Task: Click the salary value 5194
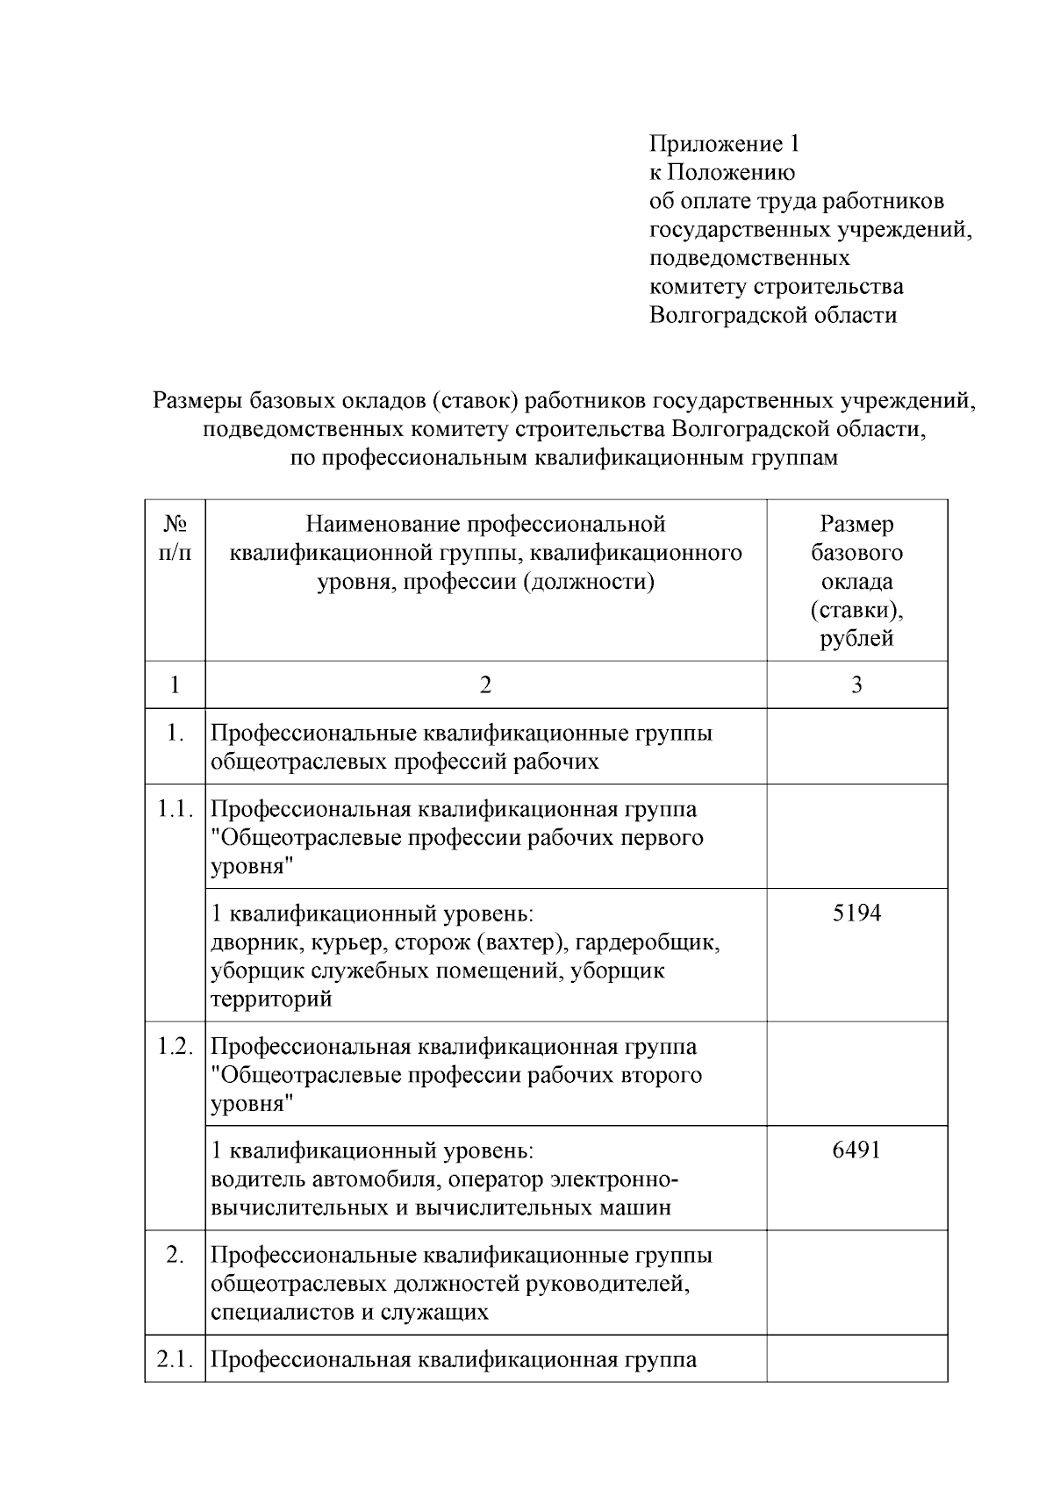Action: click(856, 913)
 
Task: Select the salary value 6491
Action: click(856, 1150)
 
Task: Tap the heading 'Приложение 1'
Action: click(724, 144)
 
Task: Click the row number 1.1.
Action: click(175, 809)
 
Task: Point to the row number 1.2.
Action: click(175, 1046)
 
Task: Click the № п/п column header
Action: click(175, 538)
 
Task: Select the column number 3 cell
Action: click(856, 684)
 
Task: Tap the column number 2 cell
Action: click(485, 684)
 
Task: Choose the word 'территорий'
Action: click(271, 999)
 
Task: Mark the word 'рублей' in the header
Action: click(856, 638)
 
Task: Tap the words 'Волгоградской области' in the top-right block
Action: click(772, 315)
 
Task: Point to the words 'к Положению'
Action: click(721, 173)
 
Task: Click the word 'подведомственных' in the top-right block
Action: click(749, 258)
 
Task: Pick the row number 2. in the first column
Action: click(175, 1256)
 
